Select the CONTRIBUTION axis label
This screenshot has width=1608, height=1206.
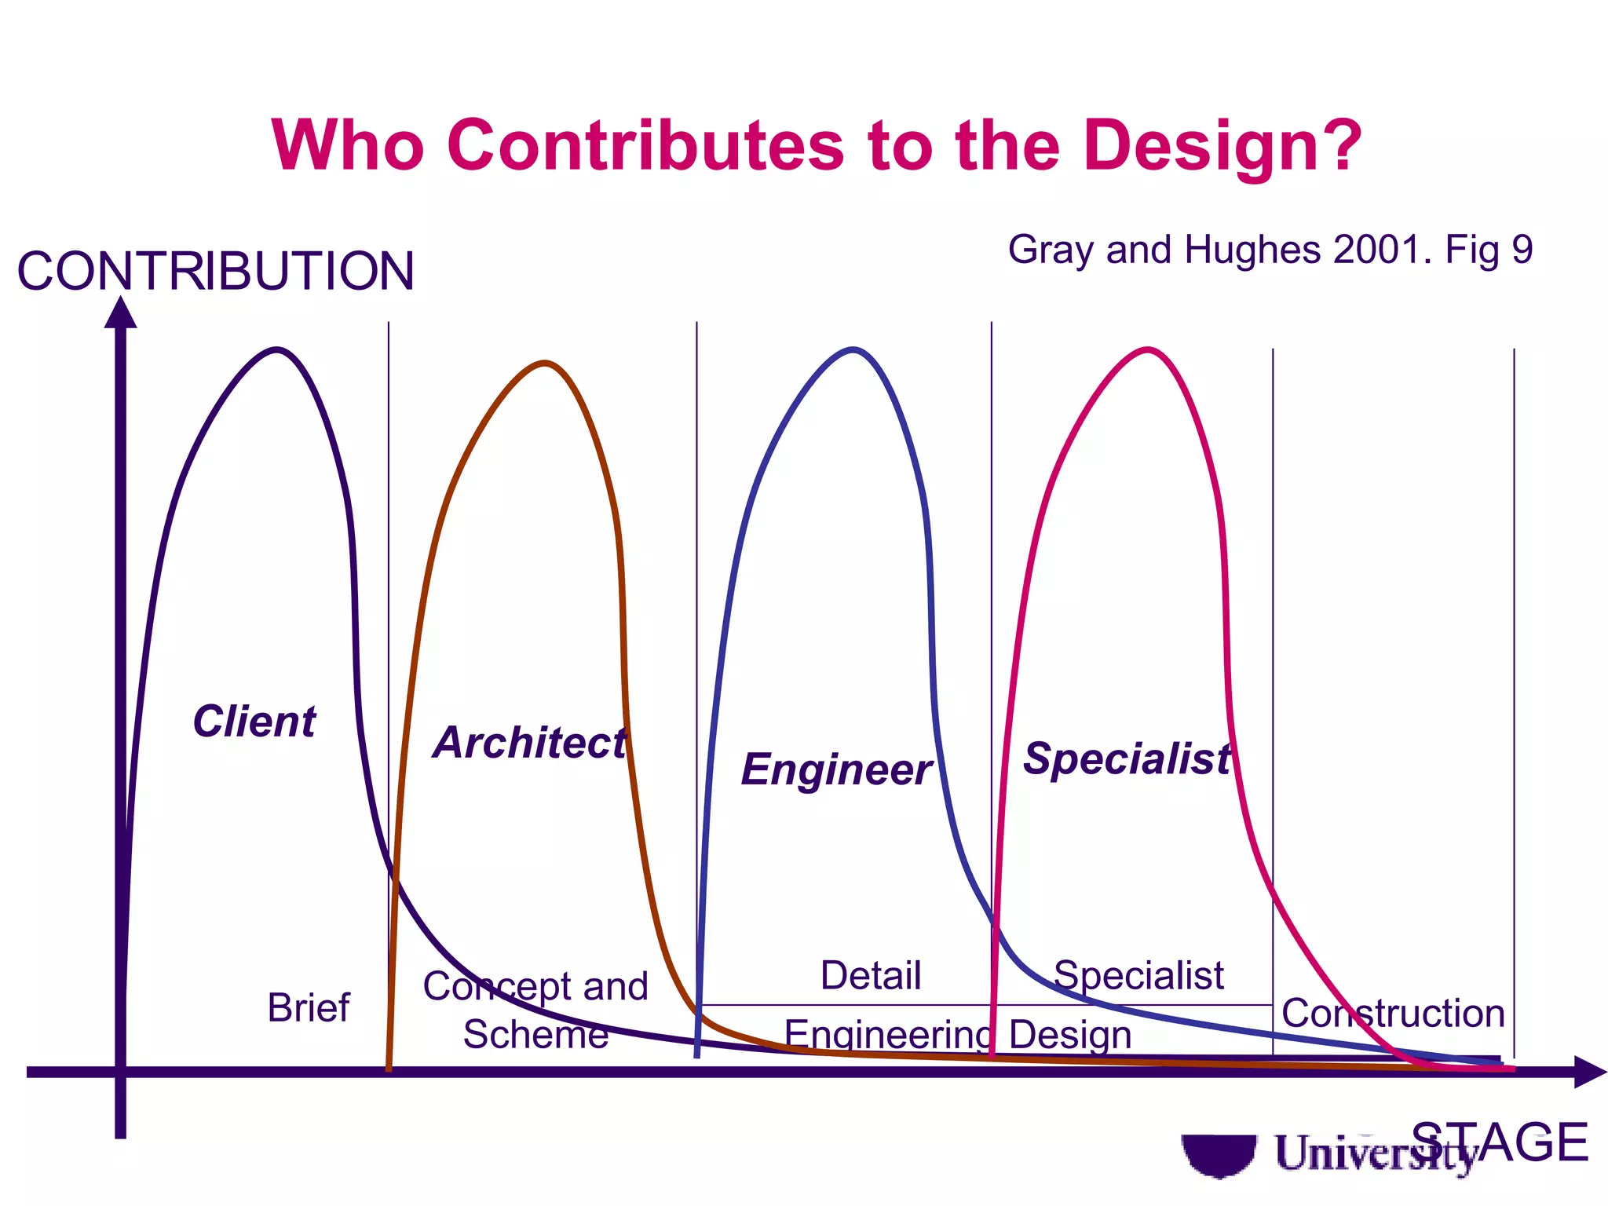pos(215,271)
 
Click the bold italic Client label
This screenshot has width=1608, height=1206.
pos(254,721)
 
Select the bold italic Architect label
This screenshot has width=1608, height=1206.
pos(530,742)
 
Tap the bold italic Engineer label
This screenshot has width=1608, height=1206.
pos(837,769)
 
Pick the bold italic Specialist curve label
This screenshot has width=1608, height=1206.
pos(1127,758)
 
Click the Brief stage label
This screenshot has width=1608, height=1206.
pos(308,1007)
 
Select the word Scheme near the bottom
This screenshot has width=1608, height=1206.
pos(535,1034)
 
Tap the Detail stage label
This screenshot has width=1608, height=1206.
pos(870,975)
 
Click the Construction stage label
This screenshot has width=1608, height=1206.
pos(1393,1013)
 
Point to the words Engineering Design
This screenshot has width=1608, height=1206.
pos(958,1035)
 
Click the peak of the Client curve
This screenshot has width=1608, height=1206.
pos(276,349)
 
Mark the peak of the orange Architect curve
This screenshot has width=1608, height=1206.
pos(545,364)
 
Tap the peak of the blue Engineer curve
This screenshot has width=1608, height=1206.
pos(853,349)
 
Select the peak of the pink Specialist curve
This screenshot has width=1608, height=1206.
pos(1148,349)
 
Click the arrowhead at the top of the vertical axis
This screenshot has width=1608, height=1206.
pos(120,312)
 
